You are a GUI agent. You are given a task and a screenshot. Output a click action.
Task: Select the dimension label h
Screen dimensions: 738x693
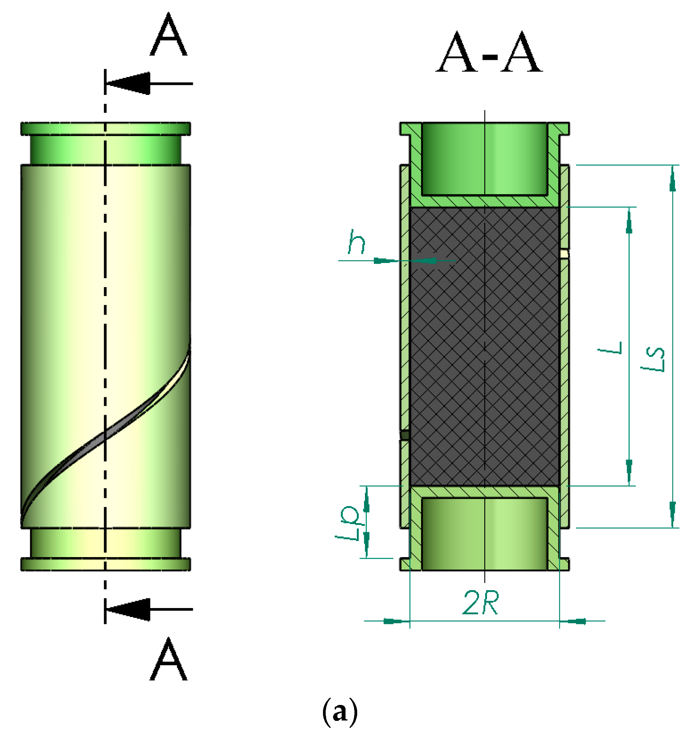pyautogui.click(x=356, y=242)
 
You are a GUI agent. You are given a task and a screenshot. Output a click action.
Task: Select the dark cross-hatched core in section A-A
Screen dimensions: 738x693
pyautogui.click(x=485, y=346)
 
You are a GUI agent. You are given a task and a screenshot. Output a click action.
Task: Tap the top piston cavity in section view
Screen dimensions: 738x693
pyautogui.click(x=485, y=159)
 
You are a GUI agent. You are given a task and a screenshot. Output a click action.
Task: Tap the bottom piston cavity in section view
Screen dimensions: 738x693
pyautogui.click(x=485, y=534)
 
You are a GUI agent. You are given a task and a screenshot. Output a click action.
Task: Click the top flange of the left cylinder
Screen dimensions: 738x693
pyautogui.click(x=106, y=129)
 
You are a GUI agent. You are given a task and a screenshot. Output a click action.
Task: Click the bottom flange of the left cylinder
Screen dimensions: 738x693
pyautogui.click(x=106, y=564)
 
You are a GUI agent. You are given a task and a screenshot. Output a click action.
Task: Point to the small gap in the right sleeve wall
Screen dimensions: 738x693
pyautogui.click(x=565, y=254)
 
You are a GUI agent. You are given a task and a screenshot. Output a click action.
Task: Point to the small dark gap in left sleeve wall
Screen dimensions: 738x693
pyautogui.click(x=405, y=435)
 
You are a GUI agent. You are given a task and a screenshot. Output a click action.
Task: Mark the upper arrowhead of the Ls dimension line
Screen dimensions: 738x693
pyautogui.click(x=673, y=181)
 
